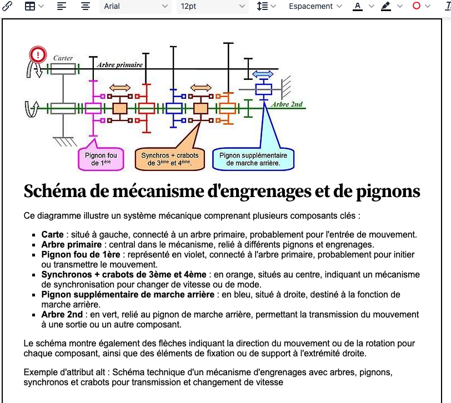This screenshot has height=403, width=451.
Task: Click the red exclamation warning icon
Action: (x=38, y=54)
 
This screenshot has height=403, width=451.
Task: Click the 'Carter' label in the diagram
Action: (x=63, y=58)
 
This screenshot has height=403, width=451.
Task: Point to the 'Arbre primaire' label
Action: (x=120, y=65)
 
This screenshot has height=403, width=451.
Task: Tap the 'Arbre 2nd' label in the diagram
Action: (x=287, y=104)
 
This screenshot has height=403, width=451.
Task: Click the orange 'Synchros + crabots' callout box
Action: (x=170, y=159)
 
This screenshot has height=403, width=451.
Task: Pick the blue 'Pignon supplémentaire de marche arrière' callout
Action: (x=253, y=159)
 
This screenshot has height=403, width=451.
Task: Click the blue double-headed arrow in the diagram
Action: (x=263, y=74)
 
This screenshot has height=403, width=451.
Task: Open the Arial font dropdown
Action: (x=135, y=6)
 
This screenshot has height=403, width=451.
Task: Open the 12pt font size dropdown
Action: (x=212, y=6)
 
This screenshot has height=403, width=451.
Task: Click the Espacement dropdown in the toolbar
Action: (x=315, y=6)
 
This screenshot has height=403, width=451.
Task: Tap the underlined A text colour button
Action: (x=358, y=6)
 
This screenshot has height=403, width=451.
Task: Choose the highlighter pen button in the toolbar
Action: (x=386, y=6)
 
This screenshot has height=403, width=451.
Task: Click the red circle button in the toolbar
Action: (x=417, y=6)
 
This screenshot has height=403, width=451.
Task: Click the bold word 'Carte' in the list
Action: (x=53, y=235)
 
